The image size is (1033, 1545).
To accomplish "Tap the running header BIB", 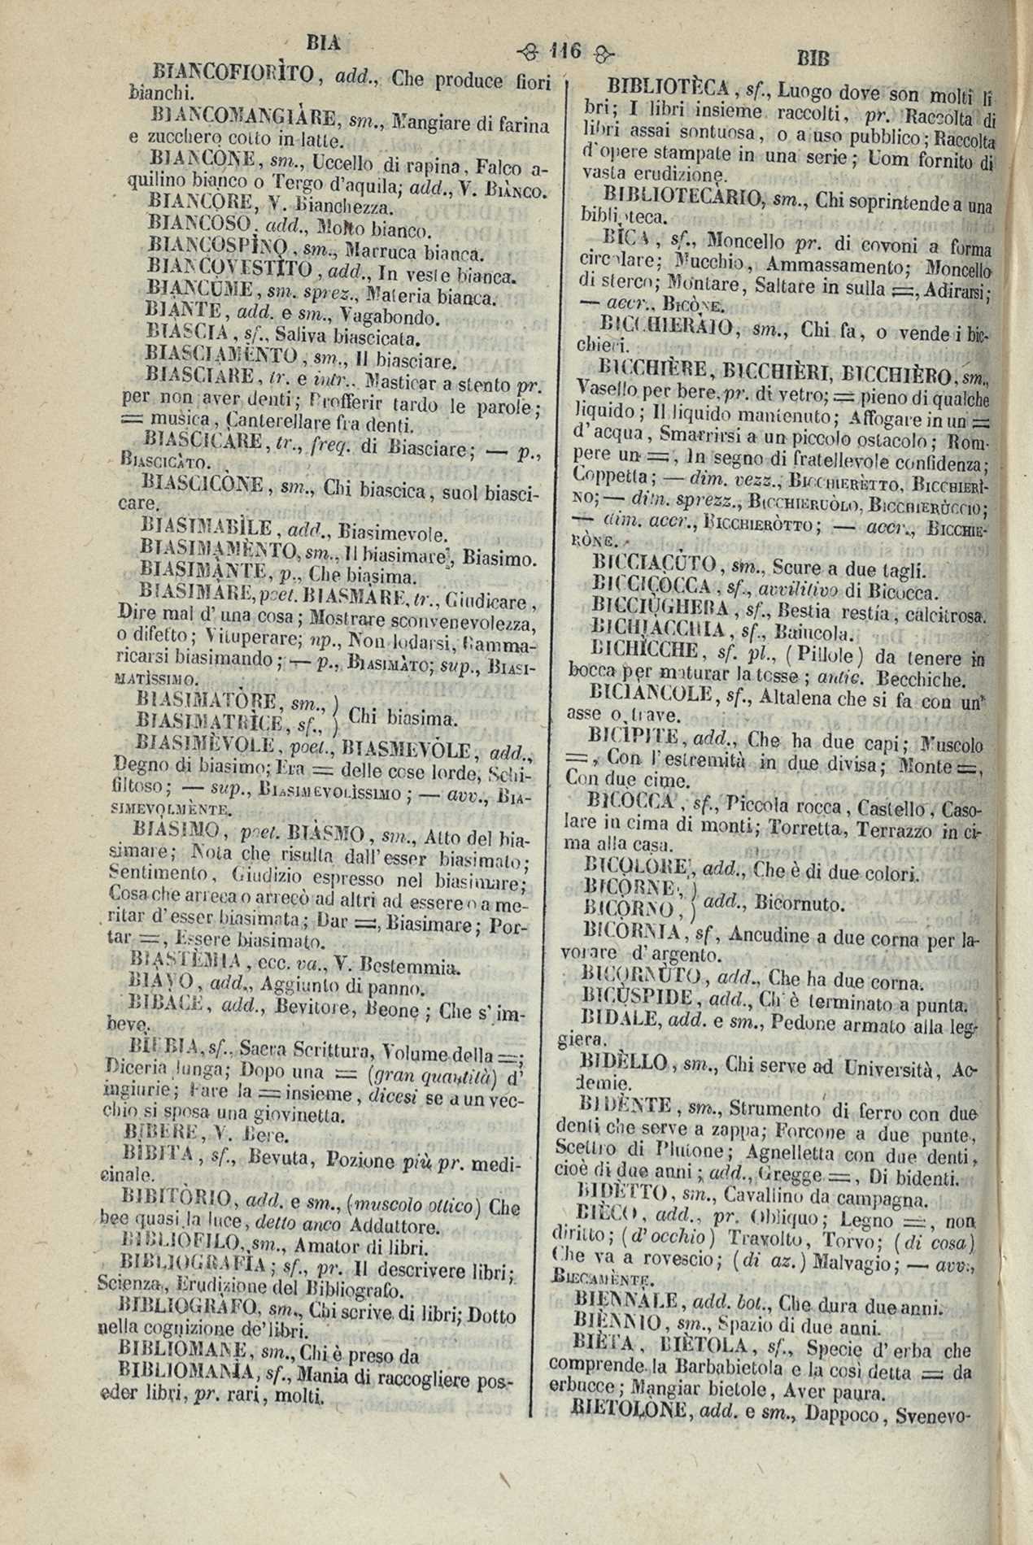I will pyautogui.click(x=813, y=58).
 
